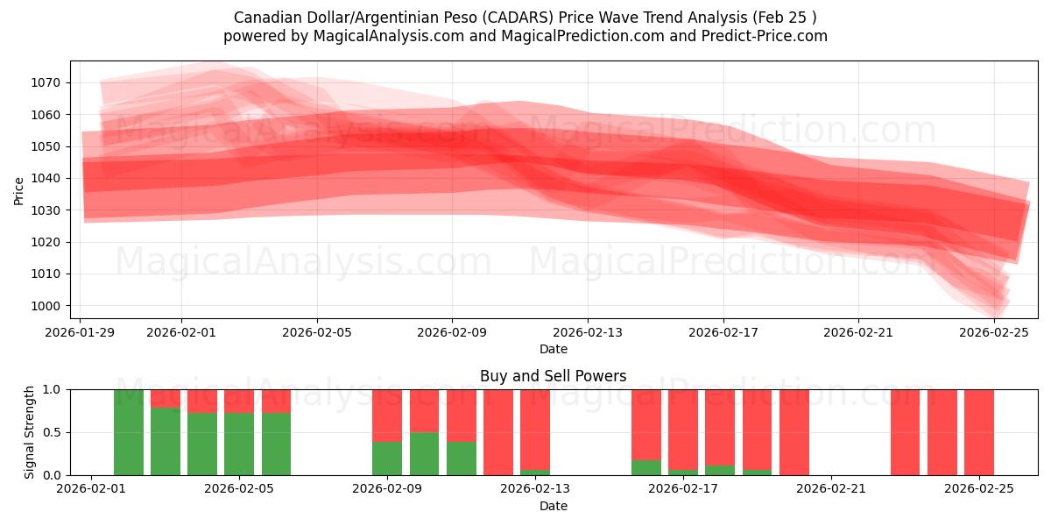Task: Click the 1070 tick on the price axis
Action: (x=49, y=82)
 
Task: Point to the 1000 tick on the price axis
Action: (x=49, y=306)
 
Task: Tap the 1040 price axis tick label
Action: (x=49, y=178)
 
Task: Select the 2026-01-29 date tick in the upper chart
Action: (x=81, y=332)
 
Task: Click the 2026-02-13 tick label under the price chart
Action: (x=588, y=332)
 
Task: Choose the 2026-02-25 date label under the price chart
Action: (x=994, y=332)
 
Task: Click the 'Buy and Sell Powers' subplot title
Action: (x=553, y=376)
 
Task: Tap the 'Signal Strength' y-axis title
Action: (x=30, y=432)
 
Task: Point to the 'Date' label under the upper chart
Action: (x=553, y=349)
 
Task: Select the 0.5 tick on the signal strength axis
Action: (x=53, y=432)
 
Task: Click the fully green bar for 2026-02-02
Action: (x=129, y=432)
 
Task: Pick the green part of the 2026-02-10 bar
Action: (x=424, y=454)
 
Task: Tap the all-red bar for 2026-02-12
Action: (x=498, y=432)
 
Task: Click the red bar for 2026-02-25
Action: (x=979, y=432)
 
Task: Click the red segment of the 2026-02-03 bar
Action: (x=166, y=398)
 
